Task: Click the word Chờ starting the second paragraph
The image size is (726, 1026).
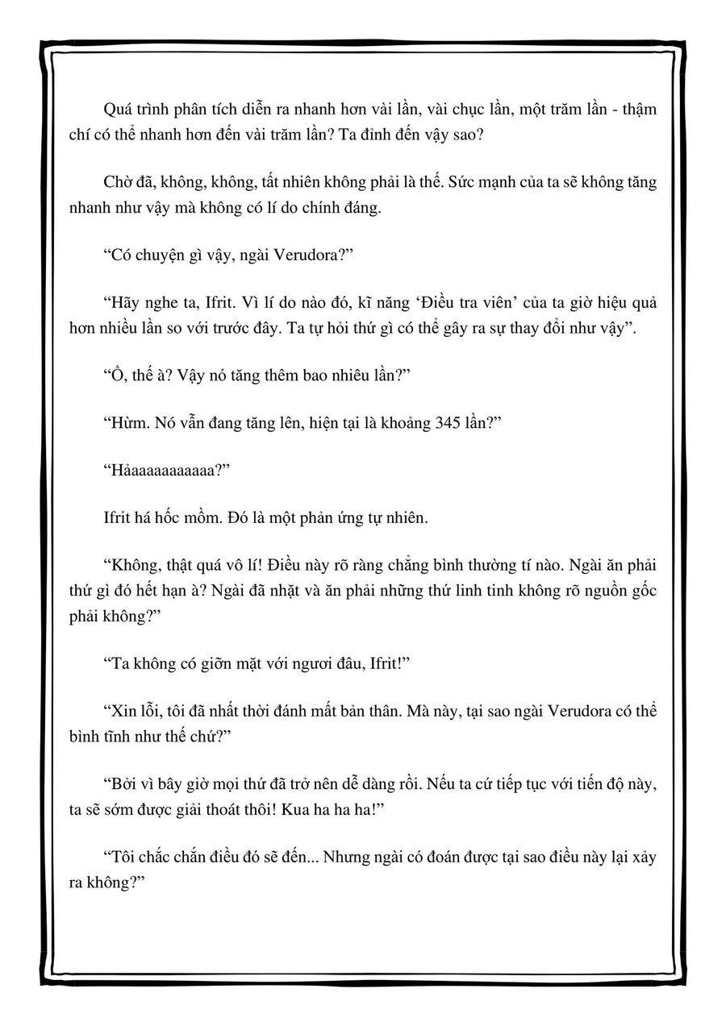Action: (x=119, y=182)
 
